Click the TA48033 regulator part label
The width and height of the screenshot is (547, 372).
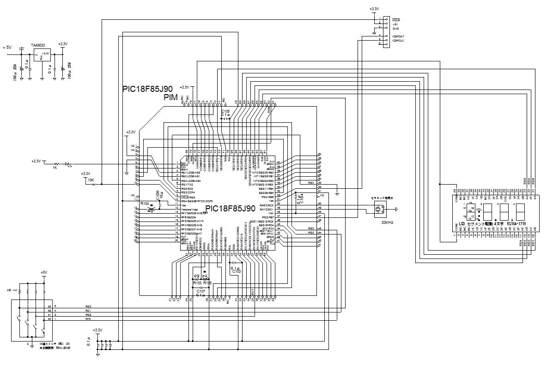(x=38, y=45)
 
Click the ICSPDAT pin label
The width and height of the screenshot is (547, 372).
(x=398, y=36)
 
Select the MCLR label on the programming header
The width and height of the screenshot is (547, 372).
(x=396, y=20)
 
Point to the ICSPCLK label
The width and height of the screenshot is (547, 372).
(x=398, y=40)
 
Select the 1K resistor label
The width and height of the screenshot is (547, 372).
(x=55, y=168)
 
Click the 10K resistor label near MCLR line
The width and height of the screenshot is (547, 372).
(x=91, y=180)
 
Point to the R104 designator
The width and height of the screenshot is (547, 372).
(x=145, y=203)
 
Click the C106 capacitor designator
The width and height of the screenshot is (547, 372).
(x=158, y=195)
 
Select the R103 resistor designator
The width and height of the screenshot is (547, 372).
(x=197, y=282)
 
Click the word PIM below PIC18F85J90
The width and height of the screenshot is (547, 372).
(x=171, y=98)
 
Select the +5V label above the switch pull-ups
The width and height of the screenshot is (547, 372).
(x=44, y=272)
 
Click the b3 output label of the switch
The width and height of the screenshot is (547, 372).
(x=49, y=306)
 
